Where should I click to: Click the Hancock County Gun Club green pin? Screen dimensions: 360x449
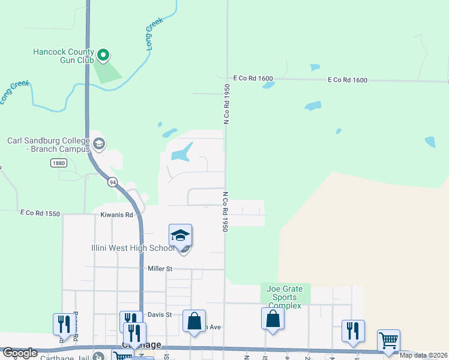[103, 55]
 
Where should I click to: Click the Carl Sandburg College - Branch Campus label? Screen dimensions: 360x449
[48, 145]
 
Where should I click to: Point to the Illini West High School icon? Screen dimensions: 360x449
[180, 235]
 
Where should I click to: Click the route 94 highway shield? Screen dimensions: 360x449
[112, 182]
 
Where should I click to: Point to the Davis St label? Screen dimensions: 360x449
[160, 314]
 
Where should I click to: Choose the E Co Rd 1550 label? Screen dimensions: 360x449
[40, 213]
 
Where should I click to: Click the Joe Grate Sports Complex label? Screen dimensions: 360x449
[285, 297]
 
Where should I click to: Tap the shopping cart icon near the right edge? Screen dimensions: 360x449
[388, 341]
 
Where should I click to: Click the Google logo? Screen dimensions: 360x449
[20, 353]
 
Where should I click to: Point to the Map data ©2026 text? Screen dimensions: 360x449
[423, 355]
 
